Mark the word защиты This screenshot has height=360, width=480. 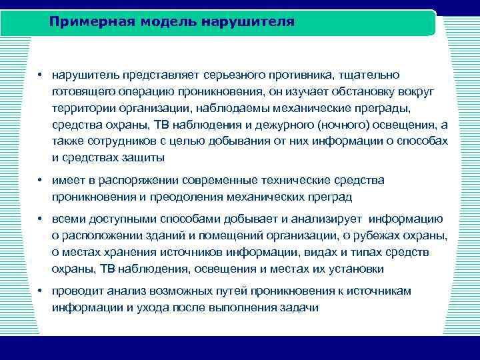click(x=141, y=158)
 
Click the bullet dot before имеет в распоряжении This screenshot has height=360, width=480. click(x=41, y=181)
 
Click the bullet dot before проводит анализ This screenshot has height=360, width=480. click(x=41, y=291)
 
